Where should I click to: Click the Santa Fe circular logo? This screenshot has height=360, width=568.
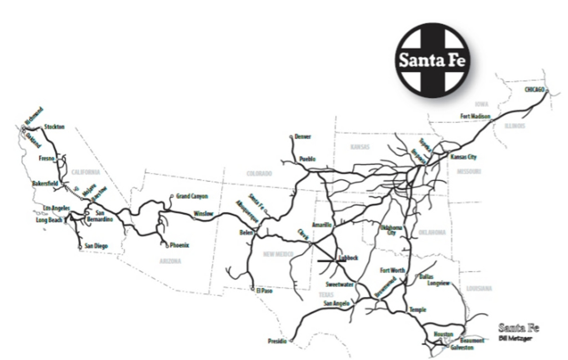click(433, 60)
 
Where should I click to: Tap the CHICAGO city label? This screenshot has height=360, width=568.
click(534, 89)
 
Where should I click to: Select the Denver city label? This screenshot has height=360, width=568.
click(303, 136)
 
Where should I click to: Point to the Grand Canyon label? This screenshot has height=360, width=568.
click(191, 196)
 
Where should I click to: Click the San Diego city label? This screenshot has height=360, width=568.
click(96, 246)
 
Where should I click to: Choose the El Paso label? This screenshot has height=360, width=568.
click(264, 291)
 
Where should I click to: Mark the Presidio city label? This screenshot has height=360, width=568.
click(277, 341)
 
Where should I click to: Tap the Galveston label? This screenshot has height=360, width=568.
click(461, 347)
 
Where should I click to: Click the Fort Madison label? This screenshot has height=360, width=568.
click(475, 116)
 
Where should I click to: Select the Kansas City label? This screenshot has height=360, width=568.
click(463, 157)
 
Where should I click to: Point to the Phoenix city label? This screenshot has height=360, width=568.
click(180, 245)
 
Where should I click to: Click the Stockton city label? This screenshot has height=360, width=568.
click(54, 127)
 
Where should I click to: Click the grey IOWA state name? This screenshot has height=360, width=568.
click(481, 104)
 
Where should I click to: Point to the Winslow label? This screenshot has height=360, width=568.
click(204, 214)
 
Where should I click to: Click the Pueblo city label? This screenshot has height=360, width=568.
click(307, 159)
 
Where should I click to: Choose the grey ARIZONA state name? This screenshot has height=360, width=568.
click(170, 260)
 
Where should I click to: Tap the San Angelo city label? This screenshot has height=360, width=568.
click(336, 303)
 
